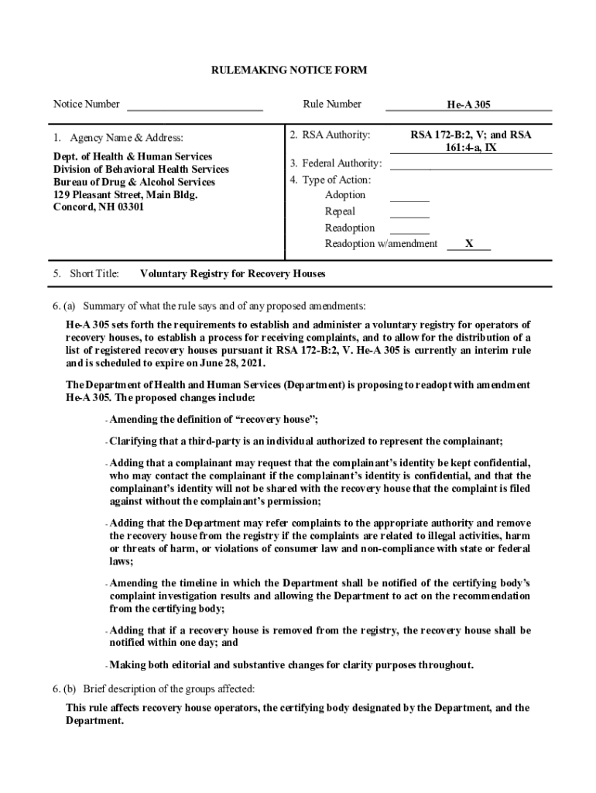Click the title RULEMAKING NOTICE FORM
click(289, 70)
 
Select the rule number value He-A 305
click(468, 105)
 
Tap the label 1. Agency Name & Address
click(118, 138)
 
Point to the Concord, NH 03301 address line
click(98, 207)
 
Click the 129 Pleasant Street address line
click(125, 194)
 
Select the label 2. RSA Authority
click(330, 135)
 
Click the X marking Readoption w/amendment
click(469, 244)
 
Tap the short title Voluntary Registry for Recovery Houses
click(232, 273)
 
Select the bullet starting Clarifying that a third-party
click(306, 441)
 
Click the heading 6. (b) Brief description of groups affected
click(153, 688)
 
